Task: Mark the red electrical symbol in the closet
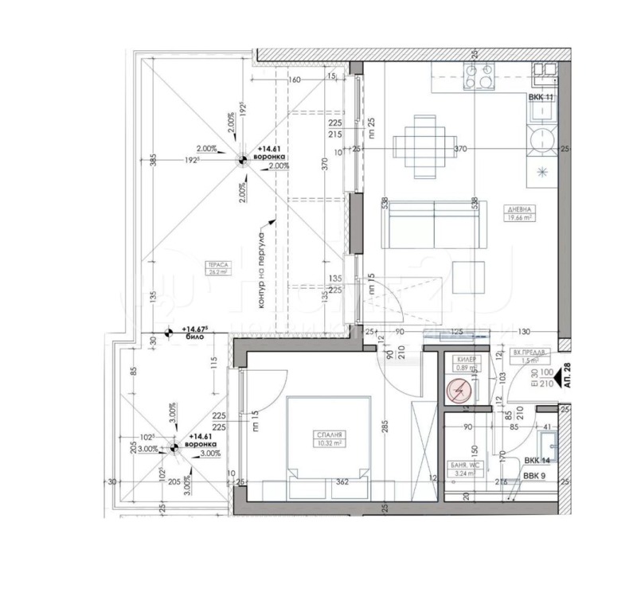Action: point(459,391)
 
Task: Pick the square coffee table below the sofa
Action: point(470,278)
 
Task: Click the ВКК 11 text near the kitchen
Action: point(541,97)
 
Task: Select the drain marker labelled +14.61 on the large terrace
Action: point(241,158)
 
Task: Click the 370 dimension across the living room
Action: point(459,149)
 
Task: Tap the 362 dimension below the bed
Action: point(342,481)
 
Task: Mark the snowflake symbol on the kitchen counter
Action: point(543,171)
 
